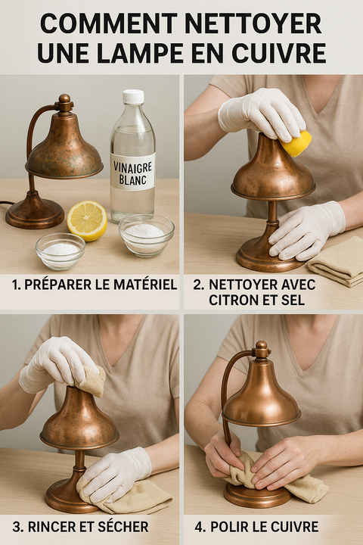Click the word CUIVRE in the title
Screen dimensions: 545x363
[280, 52]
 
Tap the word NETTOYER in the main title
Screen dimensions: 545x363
[258, 23]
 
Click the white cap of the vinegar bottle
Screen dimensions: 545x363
[133, 97]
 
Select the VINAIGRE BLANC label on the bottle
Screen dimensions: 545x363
[132, 171]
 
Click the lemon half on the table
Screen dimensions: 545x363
[87, 220]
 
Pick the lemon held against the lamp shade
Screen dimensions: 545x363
[296, 143]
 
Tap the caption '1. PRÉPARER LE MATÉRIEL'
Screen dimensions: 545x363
[95, 285]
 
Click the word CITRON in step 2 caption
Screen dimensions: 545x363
[233, 300]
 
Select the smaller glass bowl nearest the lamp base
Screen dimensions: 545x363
[60, 251]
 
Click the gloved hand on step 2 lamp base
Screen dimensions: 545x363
[306, 229]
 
